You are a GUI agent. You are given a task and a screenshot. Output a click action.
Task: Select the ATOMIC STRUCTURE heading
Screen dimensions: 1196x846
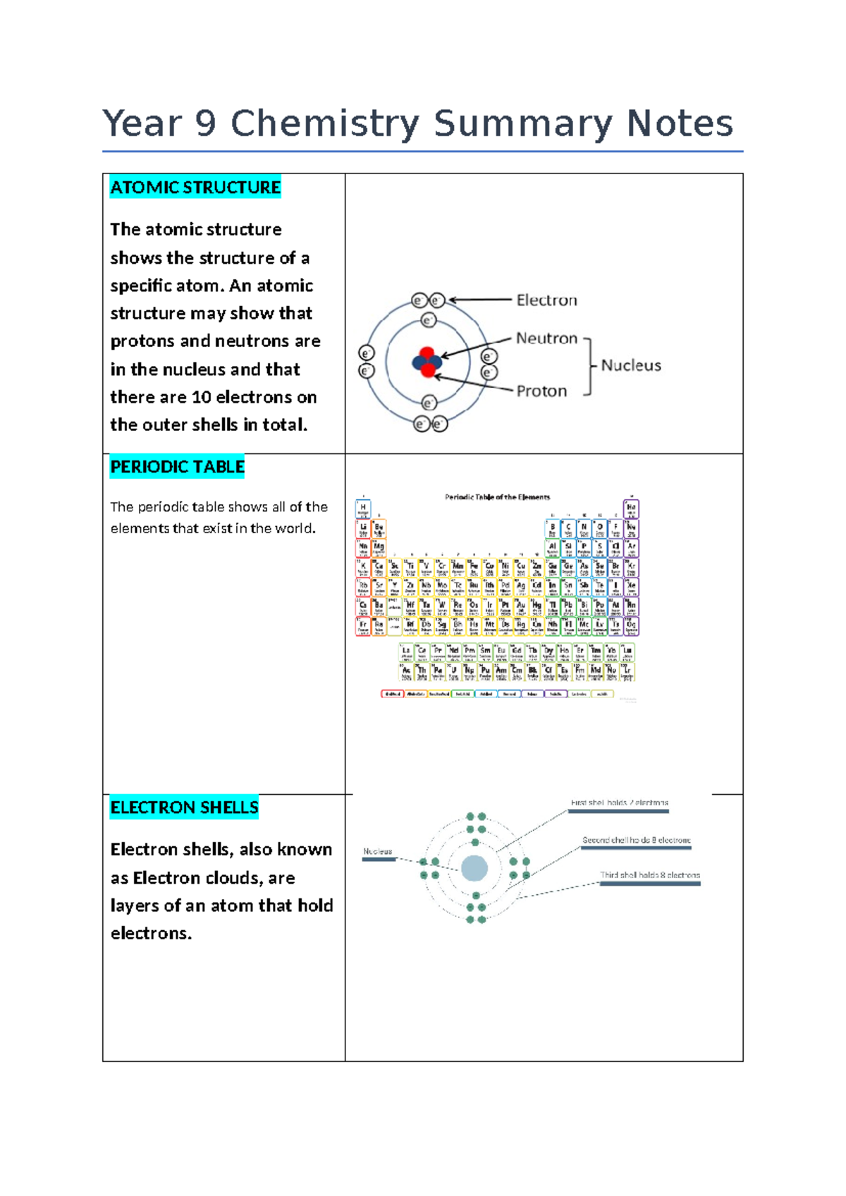point(195,188)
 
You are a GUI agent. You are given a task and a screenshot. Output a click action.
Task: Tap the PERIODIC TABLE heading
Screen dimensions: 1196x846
point(177,467)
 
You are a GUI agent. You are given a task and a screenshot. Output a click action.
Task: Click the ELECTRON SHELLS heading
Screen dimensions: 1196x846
point(184,807)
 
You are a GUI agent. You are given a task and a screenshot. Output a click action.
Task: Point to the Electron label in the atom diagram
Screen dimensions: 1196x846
point(546,300)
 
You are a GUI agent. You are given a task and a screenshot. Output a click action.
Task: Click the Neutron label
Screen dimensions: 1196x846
point(546,338)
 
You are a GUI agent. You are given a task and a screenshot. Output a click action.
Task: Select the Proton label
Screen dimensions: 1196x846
point(541,391)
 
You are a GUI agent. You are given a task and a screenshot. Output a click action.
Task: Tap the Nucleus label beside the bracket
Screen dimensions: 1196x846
point(631,365)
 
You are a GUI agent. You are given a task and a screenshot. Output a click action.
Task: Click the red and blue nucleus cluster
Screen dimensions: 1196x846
point(427,362)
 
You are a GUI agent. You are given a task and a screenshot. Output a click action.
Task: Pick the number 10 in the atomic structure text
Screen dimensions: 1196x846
point(201,397)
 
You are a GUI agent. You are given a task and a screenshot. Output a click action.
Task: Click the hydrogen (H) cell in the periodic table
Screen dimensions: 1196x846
point(363,508)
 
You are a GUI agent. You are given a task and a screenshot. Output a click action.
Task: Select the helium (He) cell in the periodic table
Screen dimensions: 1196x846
point(631,508)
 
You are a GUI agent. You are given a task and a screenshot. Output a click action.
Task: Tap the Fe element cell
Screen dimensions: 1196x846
point(474,567)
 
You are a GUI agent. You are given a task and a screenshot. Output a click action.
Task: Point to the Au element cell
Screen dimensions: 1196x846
point(520,606)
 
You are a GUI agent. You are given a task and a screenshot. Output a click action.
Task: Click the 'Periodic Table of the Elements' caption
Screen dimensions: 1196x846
point(497,497)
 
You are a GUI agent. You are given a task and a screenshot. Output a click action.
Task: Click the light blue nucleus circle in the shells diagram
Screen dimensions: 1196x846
point(474,868)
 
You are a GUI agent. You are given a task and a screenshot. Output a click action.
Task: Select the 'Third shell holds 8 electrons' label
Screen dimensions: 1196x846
point(649,875)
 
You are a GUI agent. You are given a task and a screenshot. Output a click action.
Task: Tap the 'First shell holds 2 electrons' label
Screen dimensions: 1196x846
point(619,803)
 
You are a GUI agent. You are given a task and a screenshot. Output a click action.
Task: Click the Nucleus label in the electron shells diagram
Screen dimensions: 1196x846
point(377,852)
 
